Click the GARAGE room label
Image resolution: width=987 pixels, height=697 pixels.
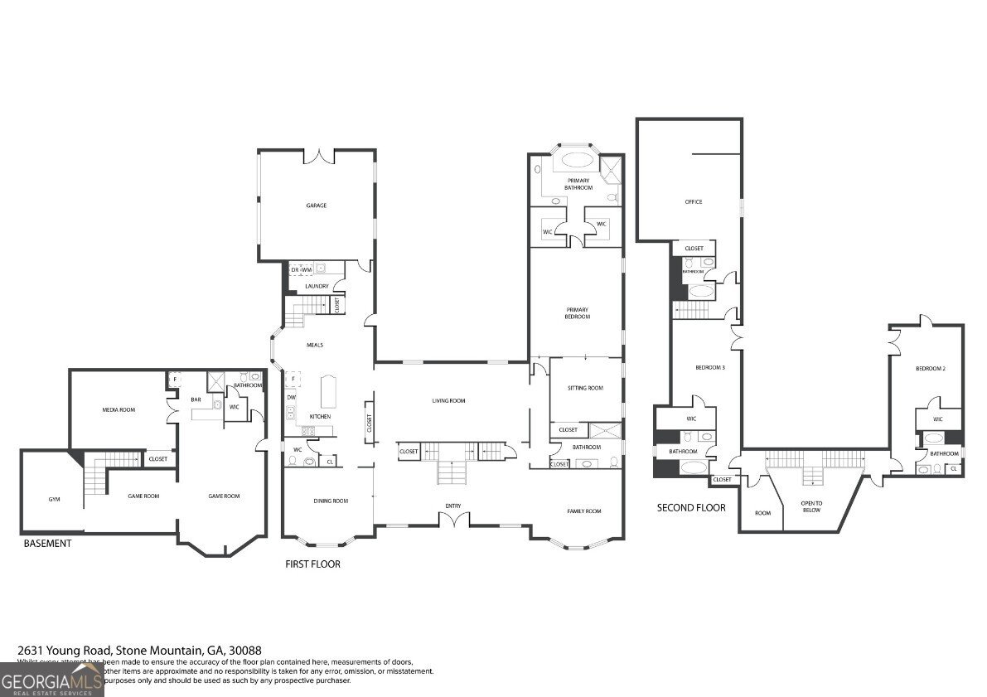(x=316, y=206)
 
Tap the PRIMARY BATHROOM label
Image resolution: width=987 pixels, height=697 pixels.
(x=578, y=184)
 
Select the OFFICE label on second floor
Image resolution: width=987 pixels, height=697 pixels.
(x=693, y=202)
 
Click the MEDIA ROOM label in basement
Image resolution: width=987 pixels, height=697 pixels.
(x=119, y=409)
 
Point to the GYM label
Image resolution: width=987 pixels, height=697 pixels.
(x=54, y=500)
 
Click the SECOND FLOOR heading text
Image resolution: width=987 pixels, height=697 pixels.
(x=691, y=508)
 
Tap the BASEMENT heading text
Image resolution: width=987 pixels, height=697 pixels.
(x=47, y=544)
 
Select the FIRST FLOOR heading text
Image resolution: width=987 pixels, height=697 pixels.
(x=312, y=564)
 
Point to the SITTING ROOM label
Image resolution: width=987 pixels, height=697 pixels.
(x=584, y=388)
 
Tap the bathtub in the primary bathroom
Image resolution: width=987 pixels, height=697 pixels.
(x=578, y=162)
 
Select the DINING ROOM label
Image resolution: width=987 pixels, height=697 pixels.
(x=330, y=501)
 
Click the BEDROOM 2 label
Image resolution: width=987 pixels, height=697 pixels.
(x=930, y=368)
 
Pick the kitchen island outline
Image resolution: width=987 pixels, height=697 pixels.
(x=328, y=387)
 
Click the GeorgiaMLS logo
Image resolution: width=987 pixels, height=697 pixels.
(x=51, y=680)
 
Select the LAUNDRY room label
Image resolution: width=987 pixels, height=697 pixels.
(x=317, y=287)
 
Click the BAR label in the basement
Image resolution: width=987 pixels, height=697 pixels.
(x=196, y=399)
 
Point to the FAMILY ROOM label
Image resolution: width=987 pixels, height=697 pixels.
(x=583, y=511)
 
